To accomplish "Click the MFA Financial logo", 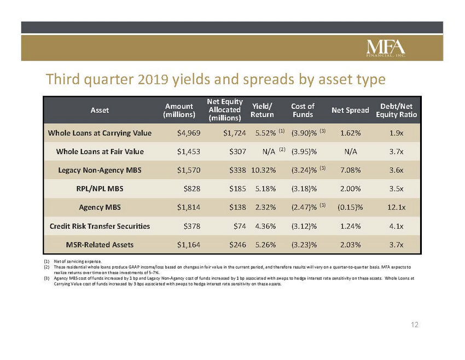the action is point(386,48).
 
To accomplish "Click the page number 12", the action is point(414,325).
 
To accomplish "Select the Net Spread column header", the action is point(350,111).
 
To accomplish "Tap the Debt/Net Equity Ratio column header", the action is point(396,111).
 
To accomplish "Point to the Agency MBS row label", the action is point(100,207).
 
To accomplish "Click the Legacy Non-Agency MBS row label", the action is point(100,170).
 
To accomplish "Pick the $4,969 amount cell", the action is point(189,133).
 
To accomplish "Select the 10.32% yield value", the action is point(263,170).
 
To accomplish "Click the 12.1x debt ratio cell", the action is point(396,207).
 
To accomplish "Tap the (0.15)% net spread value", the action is point(350,207).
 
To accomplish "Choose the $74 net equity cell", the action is point(240,227).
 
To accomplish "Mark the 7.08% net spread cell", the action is point(350,170).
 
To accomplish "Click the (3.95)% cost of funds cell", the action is point(304,152).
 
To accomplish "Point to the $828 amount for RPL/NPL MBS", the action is point(192,189).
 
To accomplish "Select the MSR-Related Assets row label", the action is point(100,245).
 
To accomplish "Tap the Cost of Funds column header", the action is point(303,111).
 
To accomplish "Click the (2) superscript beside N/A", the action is point(282,149).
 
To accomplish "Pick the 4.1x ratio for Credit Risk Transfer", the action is point(396,227).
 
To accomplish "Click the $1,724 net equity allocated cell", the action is point(235,133).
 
